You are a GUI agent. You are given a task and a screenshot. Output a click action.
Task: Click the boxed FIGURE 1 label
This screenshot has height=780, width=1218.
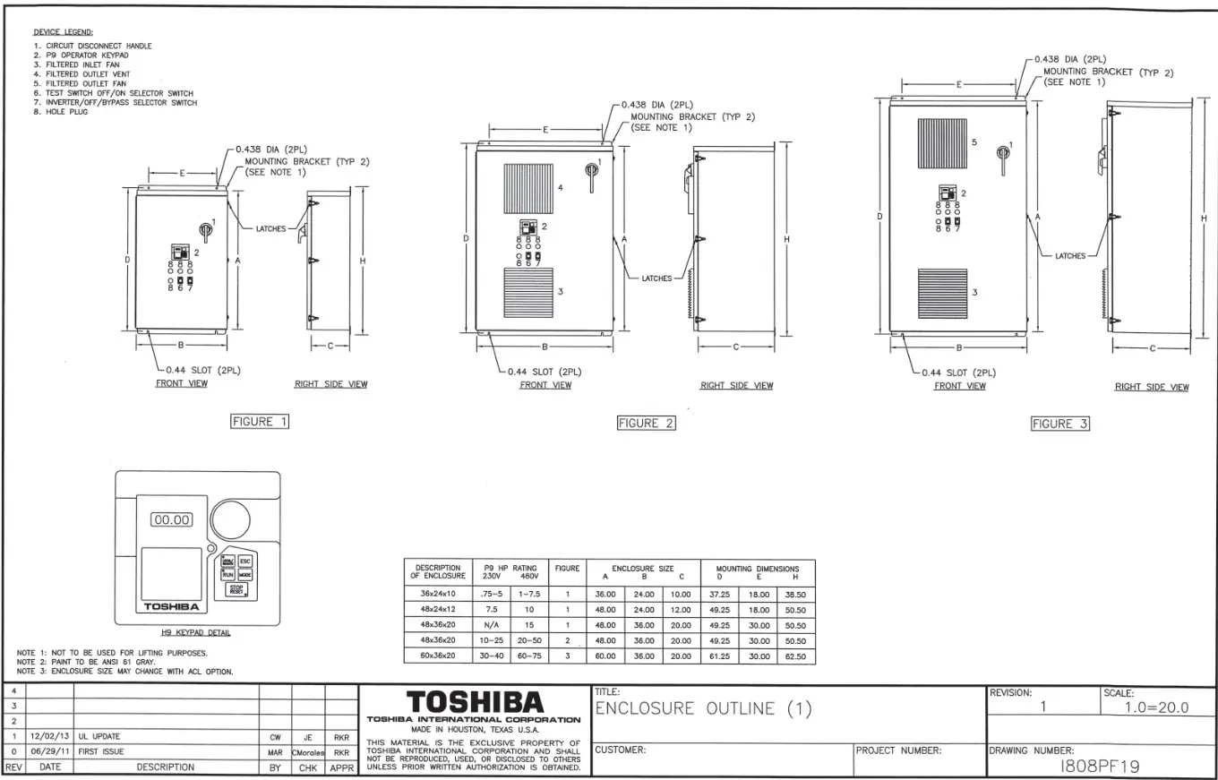pyautogui.click(x=260, y=421)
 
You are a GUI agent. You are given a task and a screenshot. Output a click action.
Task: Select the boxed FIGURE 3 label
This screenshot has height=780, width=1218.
pyautogui.click(x=1060, y=424)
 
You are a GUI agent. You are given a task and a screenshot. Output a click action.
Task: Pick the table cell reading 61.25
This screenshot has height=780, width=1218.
pyautogui.click(x=720, y=656)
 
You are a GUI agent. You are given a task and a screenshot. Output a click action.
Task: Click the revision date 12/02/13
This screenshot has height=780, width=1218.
pyautogui.click(x=50, y=737)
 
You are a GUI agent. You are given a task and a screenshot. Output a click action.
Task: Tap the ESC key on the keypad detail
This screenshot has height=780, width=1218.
pyautogui.click(x=245, y=561)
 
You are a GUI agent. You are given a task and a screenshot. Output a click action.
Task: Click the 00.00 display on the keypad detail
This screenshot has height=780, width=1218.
pyautogui.click(x=171, y=519)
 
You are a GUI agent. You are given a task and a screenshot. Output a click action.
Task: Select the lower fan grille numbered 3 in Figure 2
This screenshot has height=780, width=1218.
pyautogui.click(x=528, y=292)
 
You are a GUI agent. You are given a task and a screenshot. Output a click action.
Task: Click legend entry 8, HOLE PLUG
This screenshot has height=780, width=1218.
pyautogui.click(x=56, y=112)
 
